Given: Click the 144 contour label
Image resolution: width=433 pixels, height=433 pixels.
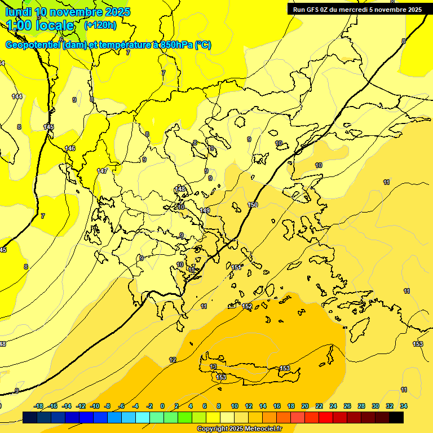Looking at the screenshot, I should point(17,96).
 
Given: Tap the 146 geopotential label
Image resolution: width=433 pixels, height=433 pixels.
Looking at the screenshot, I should point(70,148).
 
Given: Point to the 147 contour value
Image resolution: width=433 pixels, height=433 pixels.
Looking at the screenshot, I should point(102,171).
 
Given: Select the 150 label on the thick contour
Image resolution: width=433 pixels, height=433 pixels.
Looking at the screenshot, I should point(253,205).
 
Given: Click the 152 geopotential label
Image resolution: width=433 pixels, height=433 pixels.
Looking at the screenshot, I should point(247,306).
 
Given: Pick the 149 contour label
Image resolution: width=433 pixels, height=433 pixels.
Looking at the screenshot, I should point(205,210).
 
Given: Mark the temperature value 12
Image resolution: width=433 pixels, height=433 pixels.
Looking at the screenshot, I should point(173,360).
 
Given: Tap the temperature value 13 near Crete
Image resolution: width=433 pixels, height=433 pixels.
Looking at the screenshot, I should point(213,367).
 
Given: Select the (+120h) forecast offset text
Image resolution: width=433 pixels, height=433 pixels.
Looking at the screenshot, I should point(100,25).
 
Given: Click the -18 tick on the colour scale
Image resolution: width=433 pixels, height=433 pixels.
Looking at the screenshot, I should point(39,406).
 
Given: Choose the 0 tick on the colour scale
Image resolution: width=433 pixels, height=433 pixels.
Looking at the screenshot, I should point(162,406).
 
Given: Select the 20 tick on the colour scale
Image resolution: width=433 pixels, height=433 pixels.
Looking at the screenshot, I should point(305,406).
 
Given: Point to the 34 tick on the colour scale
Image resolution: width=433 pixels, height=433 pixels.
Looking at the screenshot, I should point(404,406).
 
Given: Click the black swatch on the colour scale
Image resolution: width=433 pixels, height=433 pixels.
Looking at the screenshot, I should point(396,417).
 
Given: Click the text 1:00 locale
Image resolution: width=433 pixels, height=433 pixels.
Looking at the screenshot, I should point(41,25).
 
